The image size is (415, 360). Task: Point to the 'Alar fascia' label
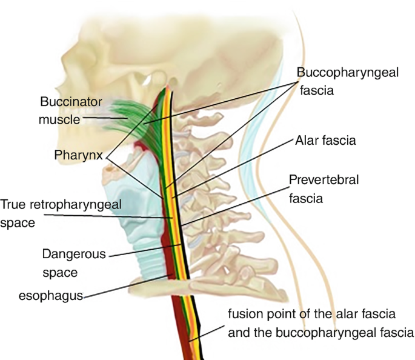(325, 140)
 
